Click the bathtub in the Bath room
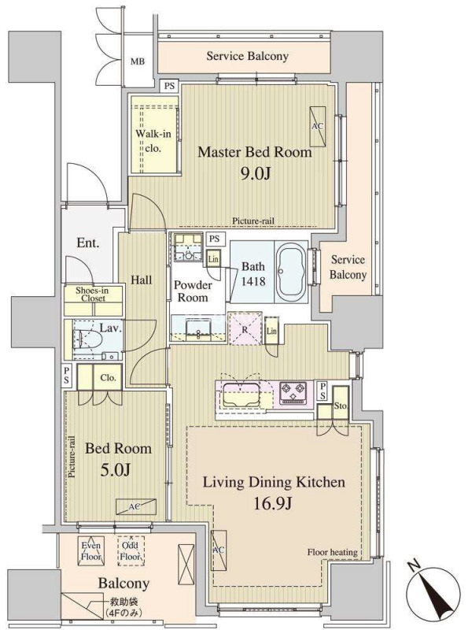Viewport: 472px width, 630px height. coord(290,271)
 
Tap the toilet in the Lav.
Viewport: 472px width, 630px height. coord(85,339)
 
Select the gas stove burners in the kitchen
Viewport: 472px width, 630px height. coord(293,392)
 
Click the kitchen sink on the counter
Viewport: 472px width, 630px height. coord(242,395)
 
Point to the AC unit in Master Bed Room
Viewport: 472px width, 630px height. coord(318,126)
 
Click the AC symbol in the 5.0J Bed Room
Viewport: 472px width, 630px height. coord(136,506)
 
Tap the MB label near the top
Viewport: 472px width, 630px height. coord(138,62)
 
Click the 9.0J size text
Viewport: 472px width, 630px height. coord(255,173)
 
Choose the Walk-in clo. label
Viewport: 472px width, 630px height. coord(153,141)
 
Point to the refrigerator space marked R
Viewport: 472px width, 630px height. coord(245,328)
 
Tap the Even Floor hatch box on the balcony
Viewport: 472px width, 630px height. coord(91,550)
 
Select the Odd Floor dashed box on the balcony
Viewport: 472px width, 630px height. coord(131,550)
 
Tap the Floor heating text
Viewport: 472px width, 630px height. coord(332,553)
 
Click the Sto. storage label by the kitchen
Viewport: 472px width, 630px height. coord(341,406)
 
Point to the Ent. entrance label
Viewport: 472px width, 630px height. coord(88,243)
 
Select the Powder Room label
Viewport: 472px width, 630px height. coord(193,291)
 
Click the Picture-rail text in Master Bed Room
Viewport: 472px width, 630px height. coord(253,221)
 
